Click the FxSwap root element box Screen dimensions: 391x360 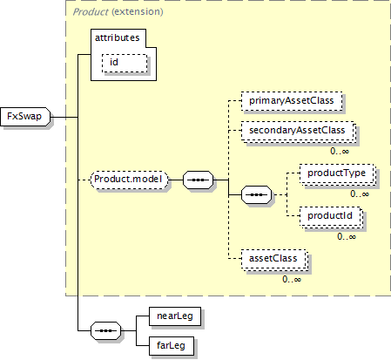(x=25, y=117)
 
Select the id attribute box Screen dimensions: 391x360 (x=125, y=63)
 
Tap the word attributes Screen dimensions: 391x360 (x=118, y=37)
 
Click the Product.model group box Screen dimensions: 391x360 (x=130, y=180)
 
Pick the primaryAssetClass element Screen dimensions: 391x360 (x=292, y=101)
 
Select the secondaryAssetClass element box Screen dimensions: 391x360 (x=299, y=131)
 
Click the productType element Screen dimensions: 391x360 (x=338, y=174)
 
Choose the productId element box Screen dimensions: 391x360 (x=331, y=217)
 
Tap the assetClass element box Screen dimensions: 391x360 (x=274, y=260)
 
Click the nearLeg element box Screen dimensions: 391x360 (x=175, y=316)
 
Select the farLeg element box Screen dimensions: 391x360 (x=172, y=346)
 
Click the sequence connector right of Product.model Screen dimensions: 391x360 (x=198, y=180)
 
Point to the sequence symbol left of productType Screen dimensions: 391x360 (x=257, y=194)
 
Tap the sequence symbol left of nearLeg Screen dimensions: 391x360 (x=105, y=330)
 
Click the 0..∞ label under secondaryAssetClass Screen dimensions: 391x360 (x=340, y=151)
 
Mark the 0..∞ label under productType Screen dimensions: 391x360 (x=360, y=194)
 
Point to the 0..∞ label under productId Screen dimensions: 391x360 (x=347, y=236)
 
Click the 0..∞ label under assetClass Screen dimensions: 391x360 (x=292, y=279)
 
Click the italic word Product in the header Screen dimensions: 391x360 (x=91, y=12)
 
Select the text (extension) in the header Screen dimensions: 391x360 (x=138, y=12)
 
